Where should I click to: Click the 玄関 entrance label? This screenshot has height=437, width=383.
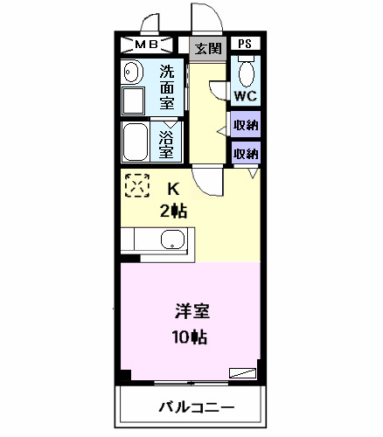(207, 48)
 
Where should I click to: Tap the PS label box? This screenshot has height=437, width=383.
(246, 45)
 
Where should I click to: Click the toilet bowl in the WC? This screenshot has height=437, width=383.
(246, 70)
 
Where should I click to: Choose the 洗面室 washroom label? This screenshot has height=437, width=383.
(166, 86)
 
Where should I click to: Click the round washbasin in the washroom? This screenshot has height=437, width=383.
(133, 72)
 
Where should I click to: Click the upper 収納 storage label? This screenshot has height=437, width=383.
(246, 124)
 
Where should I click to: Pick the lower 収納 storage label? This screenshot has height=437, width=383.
(246, 153)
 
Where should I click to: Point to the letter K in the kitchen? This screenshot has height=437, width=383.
(173, 188)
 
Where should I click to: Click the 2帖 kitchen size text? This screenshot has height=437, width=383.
(173, 210)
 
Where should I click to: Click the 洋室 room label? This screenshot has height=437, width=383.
(191, 312)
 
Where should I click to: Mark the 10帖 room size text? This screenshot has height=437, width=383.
(191, 336)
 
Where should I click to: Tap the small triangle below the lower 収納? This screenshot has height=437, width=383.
(253, 174)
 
